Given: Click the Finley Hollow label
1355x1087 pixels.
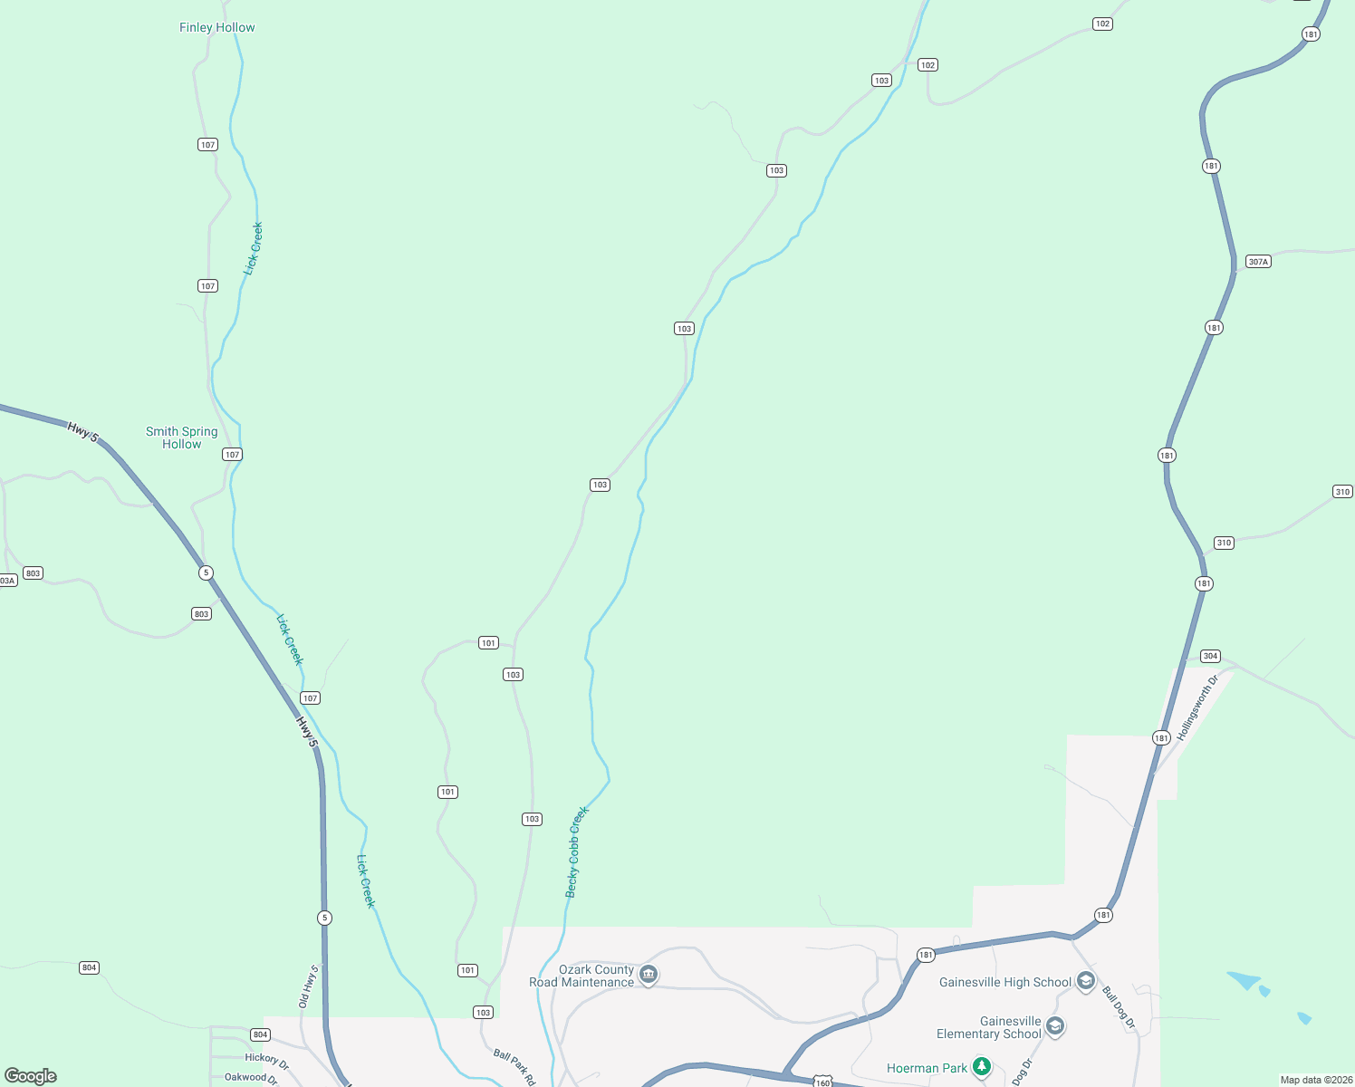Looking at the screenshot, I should click(217, 27).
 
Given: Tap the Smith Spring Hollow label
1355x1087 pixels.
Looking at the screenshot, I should click(182, 438).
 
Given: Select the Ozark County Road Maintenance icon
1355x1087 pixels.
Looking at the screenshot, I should click(649, 975).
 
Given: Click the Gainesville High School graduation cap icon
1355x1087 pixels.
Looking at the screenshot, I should click(1086, 981).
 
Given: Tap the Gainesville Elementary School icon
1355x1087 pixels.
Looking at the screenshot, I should click(1054, 1026).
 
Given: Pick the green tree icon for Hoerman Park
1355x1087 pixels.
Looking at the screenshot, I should click(982, 1067).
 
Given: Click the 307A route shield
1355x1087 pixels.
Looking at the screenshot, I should click(1258, 262).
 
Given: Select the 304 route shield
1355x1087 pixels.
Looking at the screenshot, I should click(1210, 656).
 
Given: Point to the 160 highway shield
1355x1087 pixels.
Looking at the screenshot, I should click(822, 1082).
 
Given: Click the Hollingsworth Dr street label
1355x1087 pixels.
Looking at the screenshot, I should click(1199, 707).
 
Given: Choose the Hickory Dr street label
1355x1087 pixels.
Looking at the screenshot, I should click(266, 1061).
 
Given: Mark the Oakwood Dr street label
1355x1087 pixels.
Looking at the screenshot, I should click(251, 1078).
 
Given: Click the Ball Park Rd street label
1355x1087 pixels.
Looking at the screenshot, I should click(514, 1067).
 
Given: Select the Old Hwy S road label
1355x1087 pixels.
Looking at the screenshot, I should click(309, 986).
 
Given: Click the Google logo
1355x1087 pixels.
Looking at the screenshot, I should click(31, 1076).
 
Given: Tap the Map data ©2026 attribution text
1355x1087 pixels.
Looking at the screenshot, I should click(1315, 1080).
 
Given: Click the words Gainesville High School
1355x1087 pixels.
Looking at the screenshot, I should click(1005, 982).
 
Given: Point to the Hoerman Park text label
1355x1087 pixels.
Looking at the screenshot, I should click(927, 1068).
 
